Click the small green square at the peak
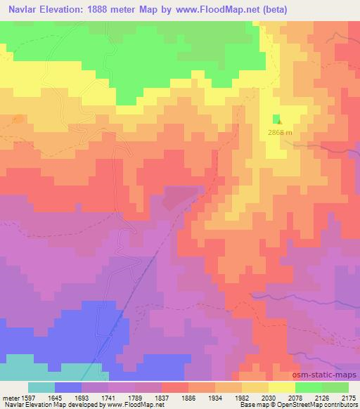pos(277,118)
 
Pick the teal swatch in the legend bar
pos(41,387)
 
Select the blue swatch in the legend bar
pos(68,387)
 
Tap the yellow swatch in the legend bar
pos(282,387)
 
